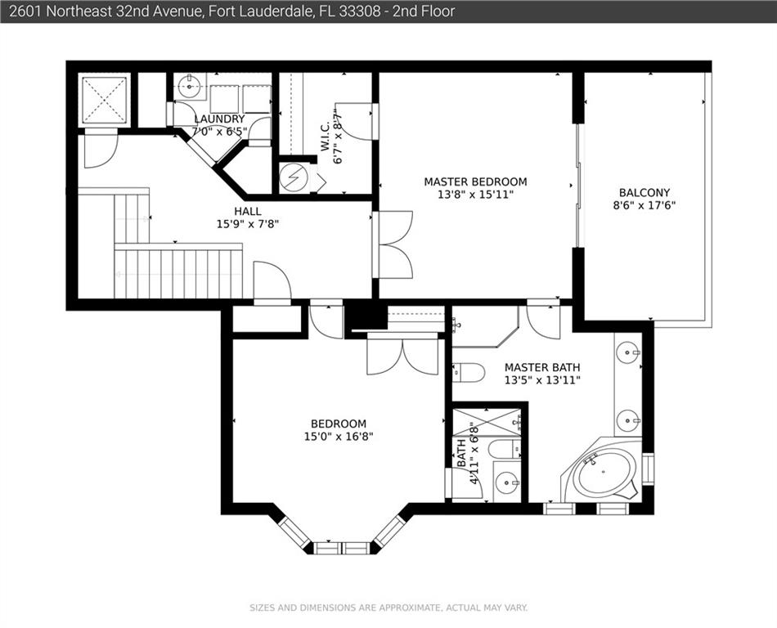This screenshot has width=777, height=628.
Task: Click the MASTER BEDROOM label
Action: pyautogui.click(x=475, y=182)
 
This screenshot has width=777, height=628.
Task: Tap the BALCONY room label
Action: pyautogui.click(x=645, y=192)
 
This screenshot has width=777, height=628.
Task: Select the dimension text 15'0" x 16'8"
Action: pyautogui.click(x=339, y=437)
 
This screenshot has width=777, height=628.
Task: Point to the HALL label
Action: pyautogui.click(x=248, y=211)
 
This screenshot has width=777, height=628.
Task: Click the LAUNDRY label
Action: pyautogui.click(x=219, y=119)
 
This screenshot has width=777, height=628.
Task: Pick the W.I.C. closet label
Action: pyautogui.click(x=325, y=137)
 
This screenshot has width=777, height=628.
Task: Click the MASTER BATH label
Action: pyautogui.click(x=542, y=367)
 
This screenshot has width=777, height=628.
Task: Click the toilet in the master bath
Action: pyautogui.click(x=469, y=372)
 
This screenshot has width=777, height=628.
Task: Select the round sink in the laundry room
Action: pyautogui.click(x=189, y=86)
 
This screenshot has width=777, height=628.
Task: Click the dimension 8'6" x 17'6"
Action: pyautogui.click(x=645, y=205)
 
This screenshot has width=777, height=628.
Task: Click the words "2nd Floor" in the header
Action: pyautogui.click(x=424, y=11)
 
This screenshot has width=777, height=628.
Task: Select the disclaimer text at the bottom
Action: pyautogui.click(x=388, y=608)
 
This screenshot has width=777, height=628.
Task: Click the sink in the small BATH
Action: pyautogui.click(x=507, y=482)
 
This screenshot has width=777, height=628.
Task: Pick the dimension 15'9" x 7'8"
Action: pyautogui.click(x=248, y=224)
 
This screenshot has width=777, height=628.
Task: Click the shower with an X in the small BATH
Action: pyautogui.click(x=487, y=423)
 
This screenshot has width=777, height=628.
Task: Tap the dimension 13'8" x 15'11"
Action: pyautogui.click(x=475, y=195)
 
